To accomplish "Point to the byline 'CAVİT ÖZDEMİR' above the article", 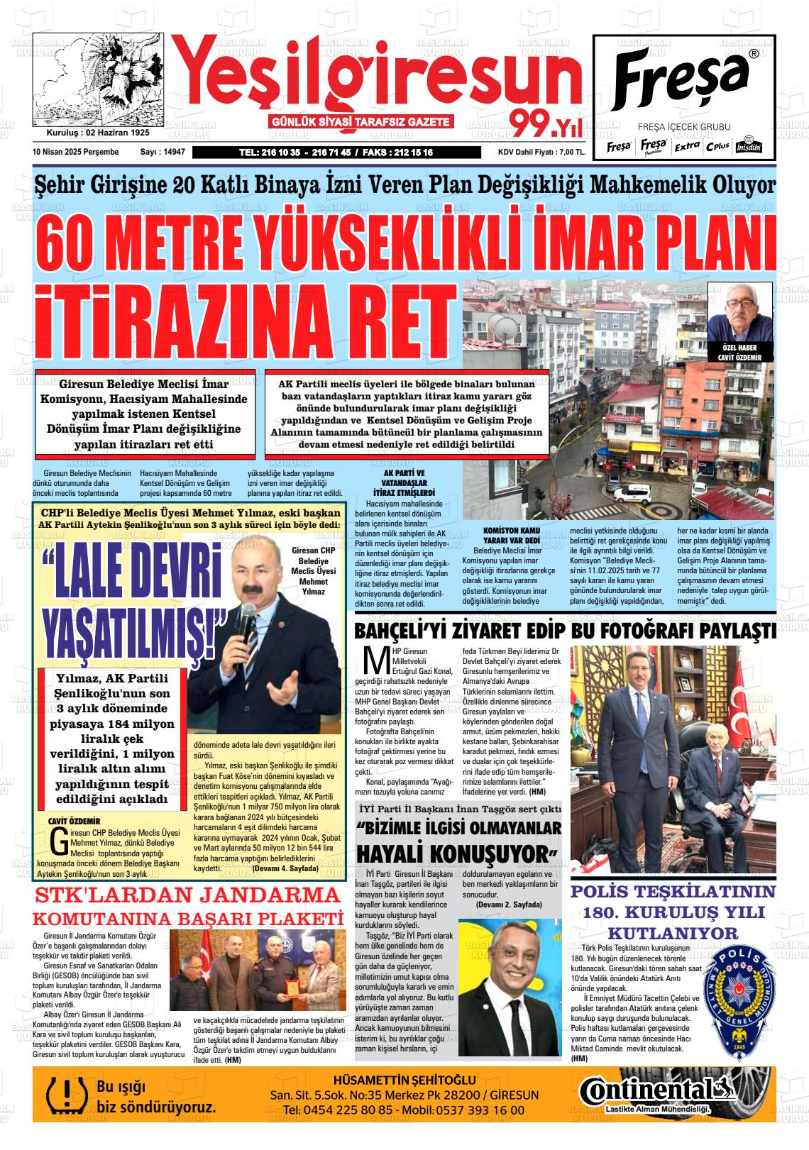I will coord(74,822).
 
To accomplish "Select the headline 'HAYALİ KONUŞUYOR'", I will coord(458,851).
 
